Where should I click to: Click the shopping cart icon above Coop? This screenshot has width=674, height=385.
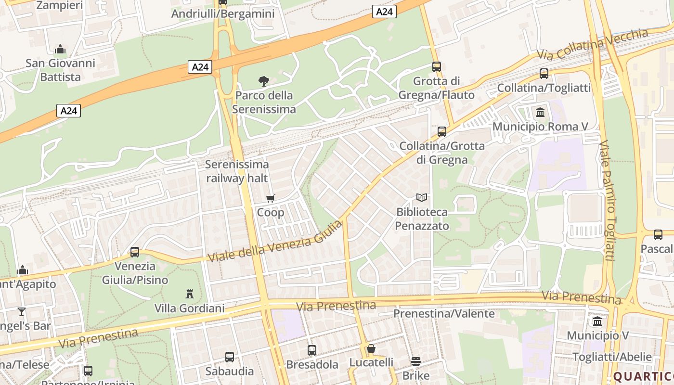[271, 198]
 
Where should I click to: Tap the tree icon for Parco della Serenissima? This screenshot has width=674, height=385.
[263, 81]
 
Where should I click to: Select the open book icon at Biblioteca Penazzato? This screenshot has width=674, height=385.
[422, 197]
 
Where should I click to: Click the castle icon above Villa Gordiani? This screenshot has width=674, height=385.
[190, 294]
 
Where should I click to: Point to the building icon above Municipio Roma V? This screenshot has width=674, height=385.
[540, 113]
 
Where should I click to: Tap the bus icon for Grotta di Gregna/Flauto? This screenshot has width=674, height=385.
[437, 67]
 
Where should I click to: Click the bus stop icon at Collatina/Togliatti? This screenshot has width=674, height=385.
[544, 74]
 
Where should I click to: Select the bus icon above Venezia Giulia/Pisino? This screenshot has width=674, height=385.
[135, 252]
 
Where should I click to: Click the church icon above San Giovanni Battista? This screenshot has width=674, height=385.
[60, 49]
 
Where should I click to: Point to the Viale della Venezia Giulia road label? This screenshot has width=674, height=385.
[275, 241]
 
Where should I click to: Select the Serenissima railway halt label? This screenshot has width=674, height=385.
[237, 171]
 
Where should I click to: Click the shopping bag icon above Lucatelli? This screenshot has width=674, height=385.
[371, 348]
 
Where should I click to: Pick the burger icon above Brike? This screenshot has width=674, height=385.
[416, 361]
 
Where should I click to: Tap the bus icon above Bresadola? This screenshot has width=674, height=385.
[312, 350]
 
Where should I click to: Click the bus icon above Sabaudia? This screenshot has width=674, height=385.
[230, 357]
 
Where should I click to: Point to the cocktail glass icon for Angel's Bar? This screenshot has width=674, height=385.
[22, 312]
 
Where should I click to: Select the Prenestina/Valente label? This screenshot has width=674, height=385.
[444, 314]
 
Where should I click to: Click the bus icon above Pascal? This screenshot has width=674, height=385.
[658, 235]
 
